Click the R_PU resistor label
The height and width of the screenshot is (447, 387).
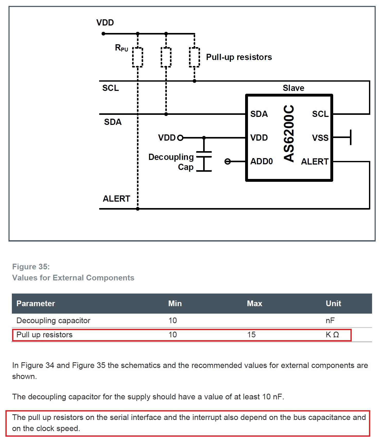[122, 48]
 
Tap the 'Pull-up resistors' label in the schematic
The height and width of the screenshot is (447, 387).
[239, 57]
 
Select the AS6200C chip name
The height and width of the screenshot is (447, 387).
[289, 133]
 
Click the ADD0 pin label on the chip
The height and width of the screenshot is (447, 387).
[261, 161]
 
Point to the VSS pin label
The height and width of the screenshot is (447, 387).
[320, 138]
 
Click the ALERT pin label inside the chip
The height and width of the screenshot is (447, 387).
[315, 162]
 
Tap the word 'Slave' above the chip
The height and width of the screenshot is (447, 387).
[294, 88]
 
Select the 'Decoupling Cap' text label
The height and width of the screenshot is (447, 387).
[171, 162]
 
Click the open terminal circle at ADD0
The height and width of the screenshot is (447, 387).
[228, 161]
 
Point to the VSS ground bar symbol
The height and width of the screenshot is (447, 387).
[350, 137]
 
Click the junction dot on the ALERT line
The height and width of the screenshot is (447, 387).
[138, 209]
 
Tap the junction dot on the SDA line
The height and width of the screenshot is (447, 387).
[166, 114]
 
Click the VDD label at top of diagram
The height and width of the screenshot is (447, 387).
[105, 23]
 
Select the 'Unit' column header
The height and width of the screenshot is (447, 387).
[333, 304]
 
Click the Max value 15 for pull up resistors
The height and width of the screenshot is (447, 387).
[251, 335]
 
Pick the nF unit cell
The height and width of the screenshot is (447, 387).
[330, 321]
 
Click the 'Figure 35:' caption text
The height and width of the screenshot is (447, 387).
[31, 267]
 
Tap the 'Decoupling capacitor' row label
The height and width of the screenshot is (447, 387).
[53, 321]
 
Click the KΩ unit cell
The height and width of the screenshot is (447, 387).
[332, 335]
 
